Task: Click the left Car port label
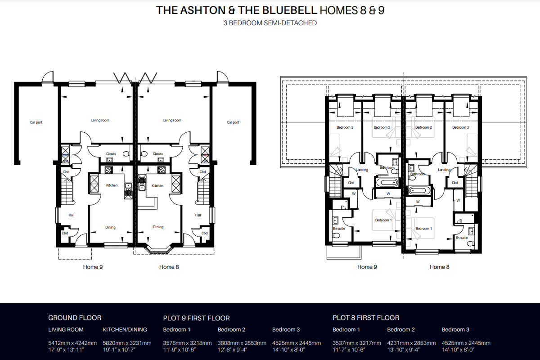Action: [x=36, y=122]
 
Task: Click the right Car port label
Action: [x=233, y=122]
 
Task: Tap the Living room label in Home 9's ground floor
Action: [x=100, y=120]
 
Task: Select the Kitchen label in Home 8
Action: [x=157, y=186]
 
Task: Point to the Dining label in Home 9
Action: [x=110, y=227]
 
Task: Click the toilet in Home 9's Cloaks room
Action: [x=126, y=153]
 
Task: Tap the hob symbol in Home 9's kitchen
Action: [x=109, y=170]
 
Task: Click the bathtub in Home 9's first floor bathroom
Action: [x=387, y=182]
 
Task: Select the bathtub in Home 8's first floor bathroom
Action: [x=419, y=190]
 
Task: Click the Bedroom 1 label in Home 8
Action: [x=423, y=228]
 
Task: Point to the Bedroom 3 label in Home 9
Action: [x=345, y=127]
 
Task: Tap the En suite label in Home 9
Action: [x=339, y=229]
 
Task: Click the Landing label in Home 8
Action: [x=444, y=170]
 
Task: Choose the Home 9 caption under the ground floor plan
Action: [x=93, y=267]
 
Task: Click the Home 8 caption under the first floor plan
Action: [x=440, y=267]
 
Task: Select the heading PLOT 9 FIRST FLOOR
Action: [x=196, y=318]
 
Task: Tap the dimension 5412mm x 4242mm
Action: [x=72, y=343]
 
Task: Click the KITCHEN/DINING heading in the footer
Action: [x=125, y=329]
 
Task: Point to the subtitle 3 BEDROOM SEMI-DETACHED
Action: [x=270, y=23]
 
